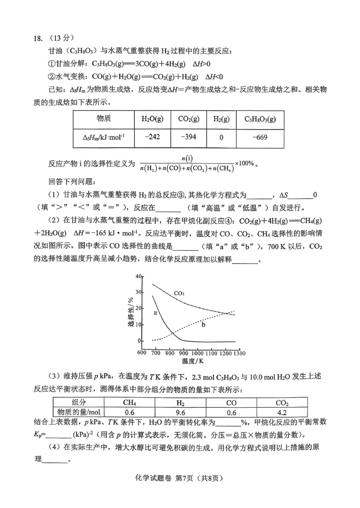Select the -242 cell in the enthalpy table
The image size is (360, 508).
(x=152, y=137)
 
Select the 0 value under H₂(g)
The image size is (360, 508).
(x=221, y=137)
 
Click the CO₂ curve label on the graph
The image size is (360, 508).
(x=179, y=294)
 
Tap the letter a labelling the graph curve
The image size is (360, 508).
(x=155, y=311)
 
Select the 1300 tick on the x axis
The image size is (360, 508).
(x=239, y=353)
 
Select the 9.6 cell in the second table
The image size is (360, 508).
(x=180, y=411)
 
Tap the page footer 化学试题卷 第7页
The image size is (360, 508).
(x=179, y=491)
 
